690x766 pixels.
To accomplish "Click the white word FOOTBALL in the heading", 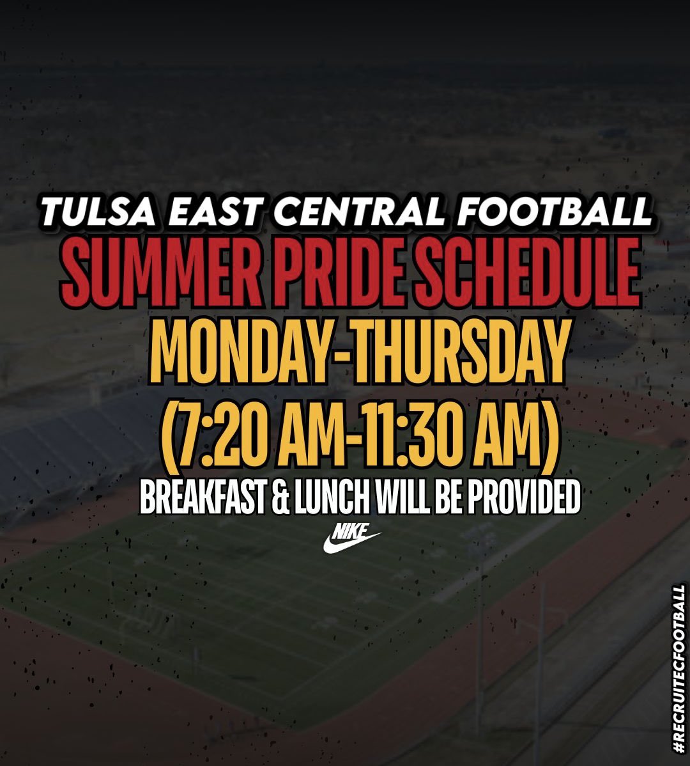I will (552, 211).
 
